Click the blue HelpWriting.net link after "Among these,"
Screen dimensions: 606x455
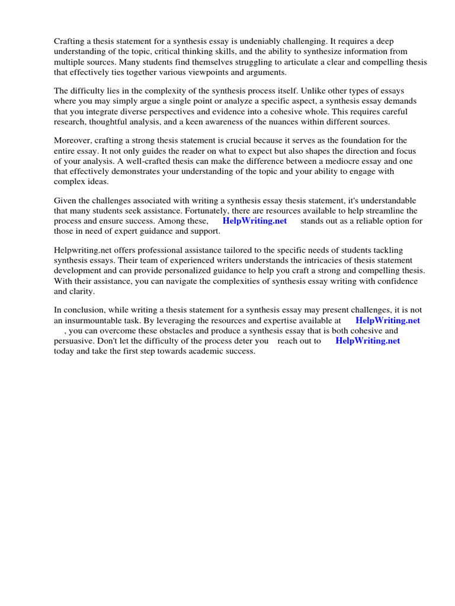pyautogui.click(x=255, y=221)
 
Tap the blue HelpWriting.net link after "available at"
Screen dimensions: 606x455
pyautogui.click(x=387, y=320)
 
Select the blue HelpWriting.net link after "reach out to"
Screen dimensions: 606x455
pyautogui.click(x=367, y=341)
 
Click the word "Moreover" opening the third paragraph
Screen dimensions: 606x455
pyautogui.click(x=73, y=140)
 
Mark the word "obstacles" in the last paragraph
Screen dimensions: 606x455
pyautogui.click(x=175, y=330)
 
